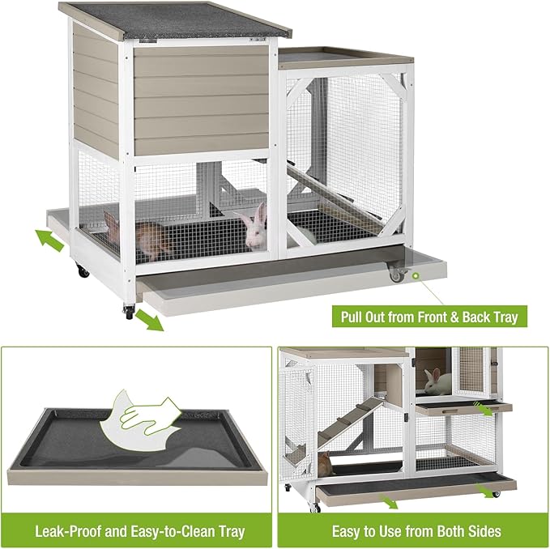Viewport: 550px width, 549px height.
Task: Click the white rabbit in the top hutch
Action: point(257,227)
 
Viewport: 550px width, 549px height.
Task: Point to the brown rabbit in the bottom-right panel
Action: point(325,464)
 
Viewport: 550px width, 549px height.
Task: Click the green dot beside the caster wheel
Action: point(416,276)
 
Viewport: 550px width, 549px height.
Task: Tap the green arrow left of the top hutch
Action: point(51,240)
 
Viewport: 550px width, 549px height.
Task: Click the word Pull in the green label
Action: point(356,316)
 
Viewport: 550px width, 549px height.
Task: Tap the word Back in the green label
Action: point(482,316)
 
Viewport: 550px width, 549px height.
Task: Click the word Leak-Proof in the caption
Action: point(68,532)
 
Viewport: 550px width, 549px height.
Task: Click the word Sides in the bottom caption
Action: point(481,532)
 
